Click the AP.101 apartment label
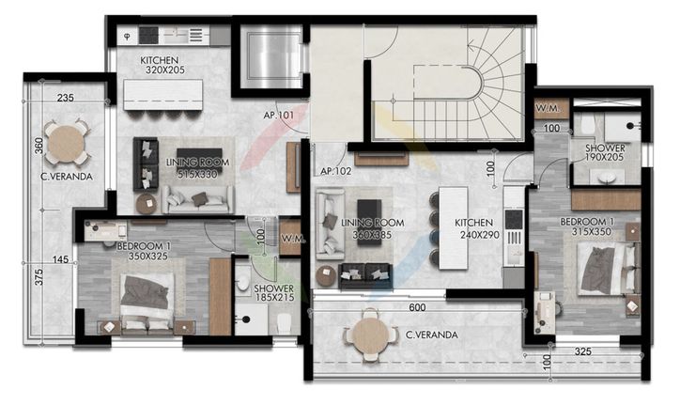pyautogui.click(x=278, y=116)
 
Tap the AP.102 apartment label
pyautogui.click(x=335, y=171)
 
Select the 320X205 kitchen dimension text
pyautogui.click(x=165, y=70)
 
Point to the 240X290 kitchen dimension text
pyautogui.click(x=480, y=235)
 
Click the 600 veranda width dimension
pyautogui.click(x=417, y=307)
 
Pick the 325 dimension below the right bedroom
pyautogui.click(x=582, y=351)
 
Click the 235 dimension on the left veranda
pyautogui.click(x=65, y=98)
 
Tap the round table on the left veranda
pyautogui.click(x=66, y=144)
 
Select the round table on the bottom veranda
pyautogui.click(x=371, y=335)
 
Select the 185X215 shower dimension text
pyautogui.click(x=274, y=298)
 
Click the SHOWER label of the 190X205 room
pyautogui.click(x=606, y=148)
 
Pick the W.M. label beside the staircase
pyautogui.click(x=548, y=108)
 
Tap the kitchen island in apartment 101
pyautogui.click(x=163, y=95)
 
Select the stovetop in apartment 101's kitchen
pyautogui.click(x=148, y=36)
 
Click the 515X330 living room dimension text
pyautogui.click(x=197, y=174)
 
